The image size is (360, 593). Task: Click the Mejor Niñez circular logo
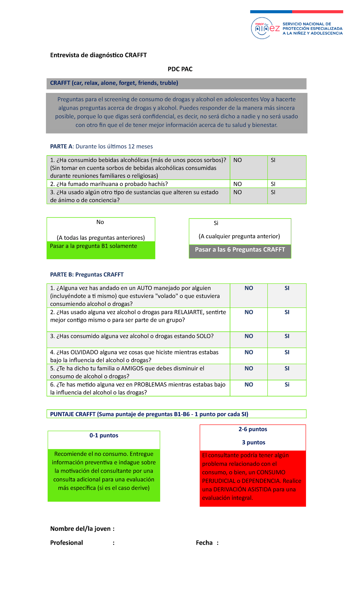pos(262,28)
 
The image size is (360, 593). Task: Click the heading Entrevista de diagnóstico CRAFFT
pos(98,55)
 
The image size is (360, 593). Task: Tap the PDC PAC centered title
pos(180,69)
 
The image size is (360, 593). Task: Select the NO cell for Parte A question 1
pos(248,167)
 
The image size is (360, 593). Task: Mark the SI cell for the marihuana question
pos(286,184)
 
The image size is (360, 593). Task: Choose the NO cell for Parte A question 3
pos(248,196)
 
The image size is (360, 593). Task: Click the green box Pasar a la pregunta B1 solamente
pos(101,250)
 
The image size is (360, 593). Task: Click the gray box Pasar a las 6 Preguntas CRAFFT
pos(240,251)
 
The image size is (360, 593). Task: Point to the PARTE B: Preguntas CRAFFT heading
pos(87,274)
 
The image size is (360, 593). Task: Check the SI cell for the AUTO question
pos(287,295)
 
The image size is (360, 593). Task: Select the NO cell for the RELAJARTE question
pos(249,319)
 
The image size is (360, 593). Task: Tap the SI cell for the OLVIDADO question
pos(287,356)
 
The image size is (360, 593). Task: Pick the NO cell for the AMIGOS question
pos(249,372)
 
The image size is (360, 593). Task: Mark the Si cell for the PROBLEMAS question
pos(287,388)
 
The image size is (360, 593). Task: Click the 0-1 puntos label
pos(104,435)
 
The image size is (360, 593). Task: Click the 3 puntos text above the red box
pos(253,442)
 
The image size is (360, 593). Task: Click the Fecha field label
pos(204,543)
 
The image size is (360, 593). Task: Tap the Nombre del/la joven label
pos(82,528)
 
